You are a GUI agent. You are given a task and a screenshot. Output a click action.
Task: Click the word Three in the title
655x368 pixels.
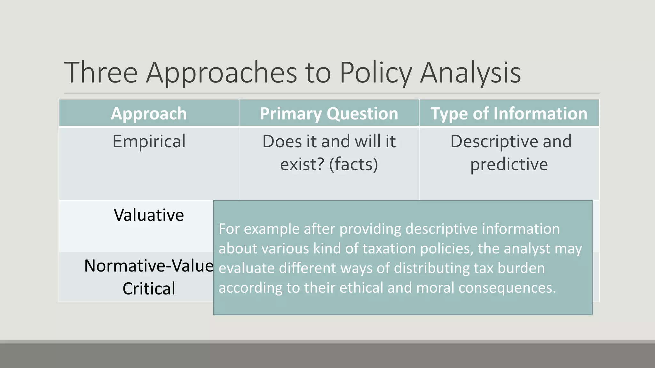[x=101, y=73]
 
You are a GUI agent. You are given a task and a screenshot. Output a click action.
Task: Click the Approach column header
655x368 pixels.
[x=149, y=113]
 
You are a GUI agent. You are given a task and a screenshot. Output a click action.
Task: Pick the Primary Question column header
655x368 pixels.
[x=329, y=113]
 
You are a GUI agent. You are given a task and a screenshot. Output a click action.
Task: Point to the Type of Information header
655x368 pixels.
[x=509, y=113]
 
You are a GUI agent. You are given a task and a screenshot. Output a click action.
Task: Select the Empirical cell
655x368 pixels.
[x=149, y=141]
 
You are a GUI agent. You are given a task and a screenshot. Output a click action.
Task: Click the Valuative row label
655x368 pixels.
[x=149, y=215]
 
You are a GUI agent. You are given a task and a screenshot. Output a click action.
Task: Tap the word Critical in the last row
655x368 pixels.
[x=149, y=288]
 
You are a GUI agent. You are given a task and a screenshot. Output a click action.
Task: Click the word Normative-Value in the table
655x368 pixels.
[x=149, y=265]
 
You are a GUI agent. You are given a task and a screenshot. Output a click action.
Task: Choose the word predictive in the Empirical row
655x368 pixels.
[x=509, y=164]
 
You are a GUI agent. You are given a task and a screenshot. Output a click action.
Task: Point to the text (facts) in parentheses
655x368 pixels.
[x=353, y=164]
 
